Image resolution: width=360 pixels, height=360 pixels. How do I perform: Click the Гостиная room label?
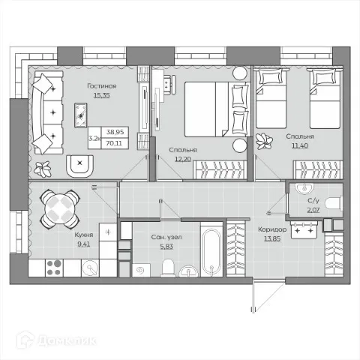(x=102, y=86)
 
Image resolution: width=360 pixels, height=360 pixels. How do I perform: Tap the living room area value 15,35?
(x=102, y=95)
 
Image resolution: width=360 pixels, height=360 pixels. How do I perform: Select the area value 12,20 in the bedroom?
(x=183, y=159)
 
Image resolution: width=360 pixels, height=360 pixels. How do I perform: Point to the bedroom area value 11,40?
(x=300, y=145)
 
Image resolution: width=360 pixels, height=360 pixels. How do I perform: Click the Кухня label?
(x=84, y=235)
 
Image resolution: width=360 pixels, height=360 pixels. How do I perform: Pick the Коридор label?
(x=272, y=229)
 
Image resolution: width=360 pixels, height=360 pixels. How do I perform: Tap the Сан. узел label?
(x=166, y=237)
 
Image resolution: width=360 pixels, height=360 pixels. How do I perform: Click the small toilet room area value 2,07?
(x=313, y=210)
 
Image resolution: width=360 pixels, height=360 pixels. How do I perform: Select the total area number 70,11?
(x=114, y=143)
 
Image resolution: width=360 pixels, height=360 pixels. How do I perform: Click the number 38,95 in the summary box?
(x=115, y=132)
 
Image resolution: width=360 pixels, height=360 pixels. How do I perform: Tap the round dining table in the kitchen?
(x=60, y=208)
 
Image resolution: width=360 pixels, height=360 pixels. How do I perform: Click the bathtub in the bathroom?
(x=211, y=249)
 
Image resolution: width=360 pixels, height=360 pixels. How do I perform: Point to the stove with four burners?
(x=54, y=268)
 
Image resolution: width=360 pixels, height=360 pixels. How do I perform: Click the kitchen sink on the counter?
(x=90, y=268)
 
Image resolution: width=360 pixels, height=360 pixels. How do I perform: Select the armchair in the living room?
(x=80, y=166)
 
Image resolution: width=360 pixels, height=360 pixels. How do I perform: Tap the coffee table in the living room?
(x=81, y=115)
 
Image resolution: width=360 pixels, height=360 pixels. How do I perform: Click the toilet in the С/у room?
(x=334, y=203)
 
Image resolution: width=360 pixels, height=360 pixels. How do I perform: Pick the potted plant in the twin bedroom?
(x=264, y=142)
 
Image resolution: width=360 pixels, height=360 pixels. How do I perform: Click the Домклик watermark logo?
(x=56, y=340)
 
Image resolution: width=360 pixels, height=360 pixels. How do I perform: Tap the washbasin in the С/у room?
(x=304, y=188)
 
